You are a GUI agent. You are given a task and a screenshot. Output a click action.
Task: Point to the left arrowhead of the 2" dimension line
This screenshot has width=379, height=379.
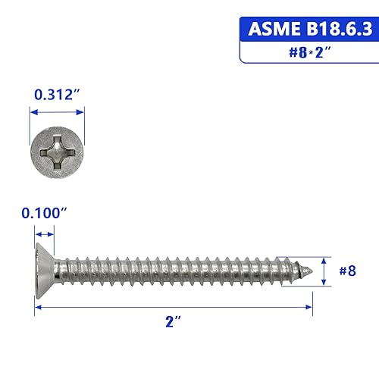click(38, 307)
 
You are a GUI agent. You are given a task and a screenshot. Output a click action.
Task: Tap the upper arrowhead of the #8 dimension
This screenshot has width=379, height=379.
click(324, 258)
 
